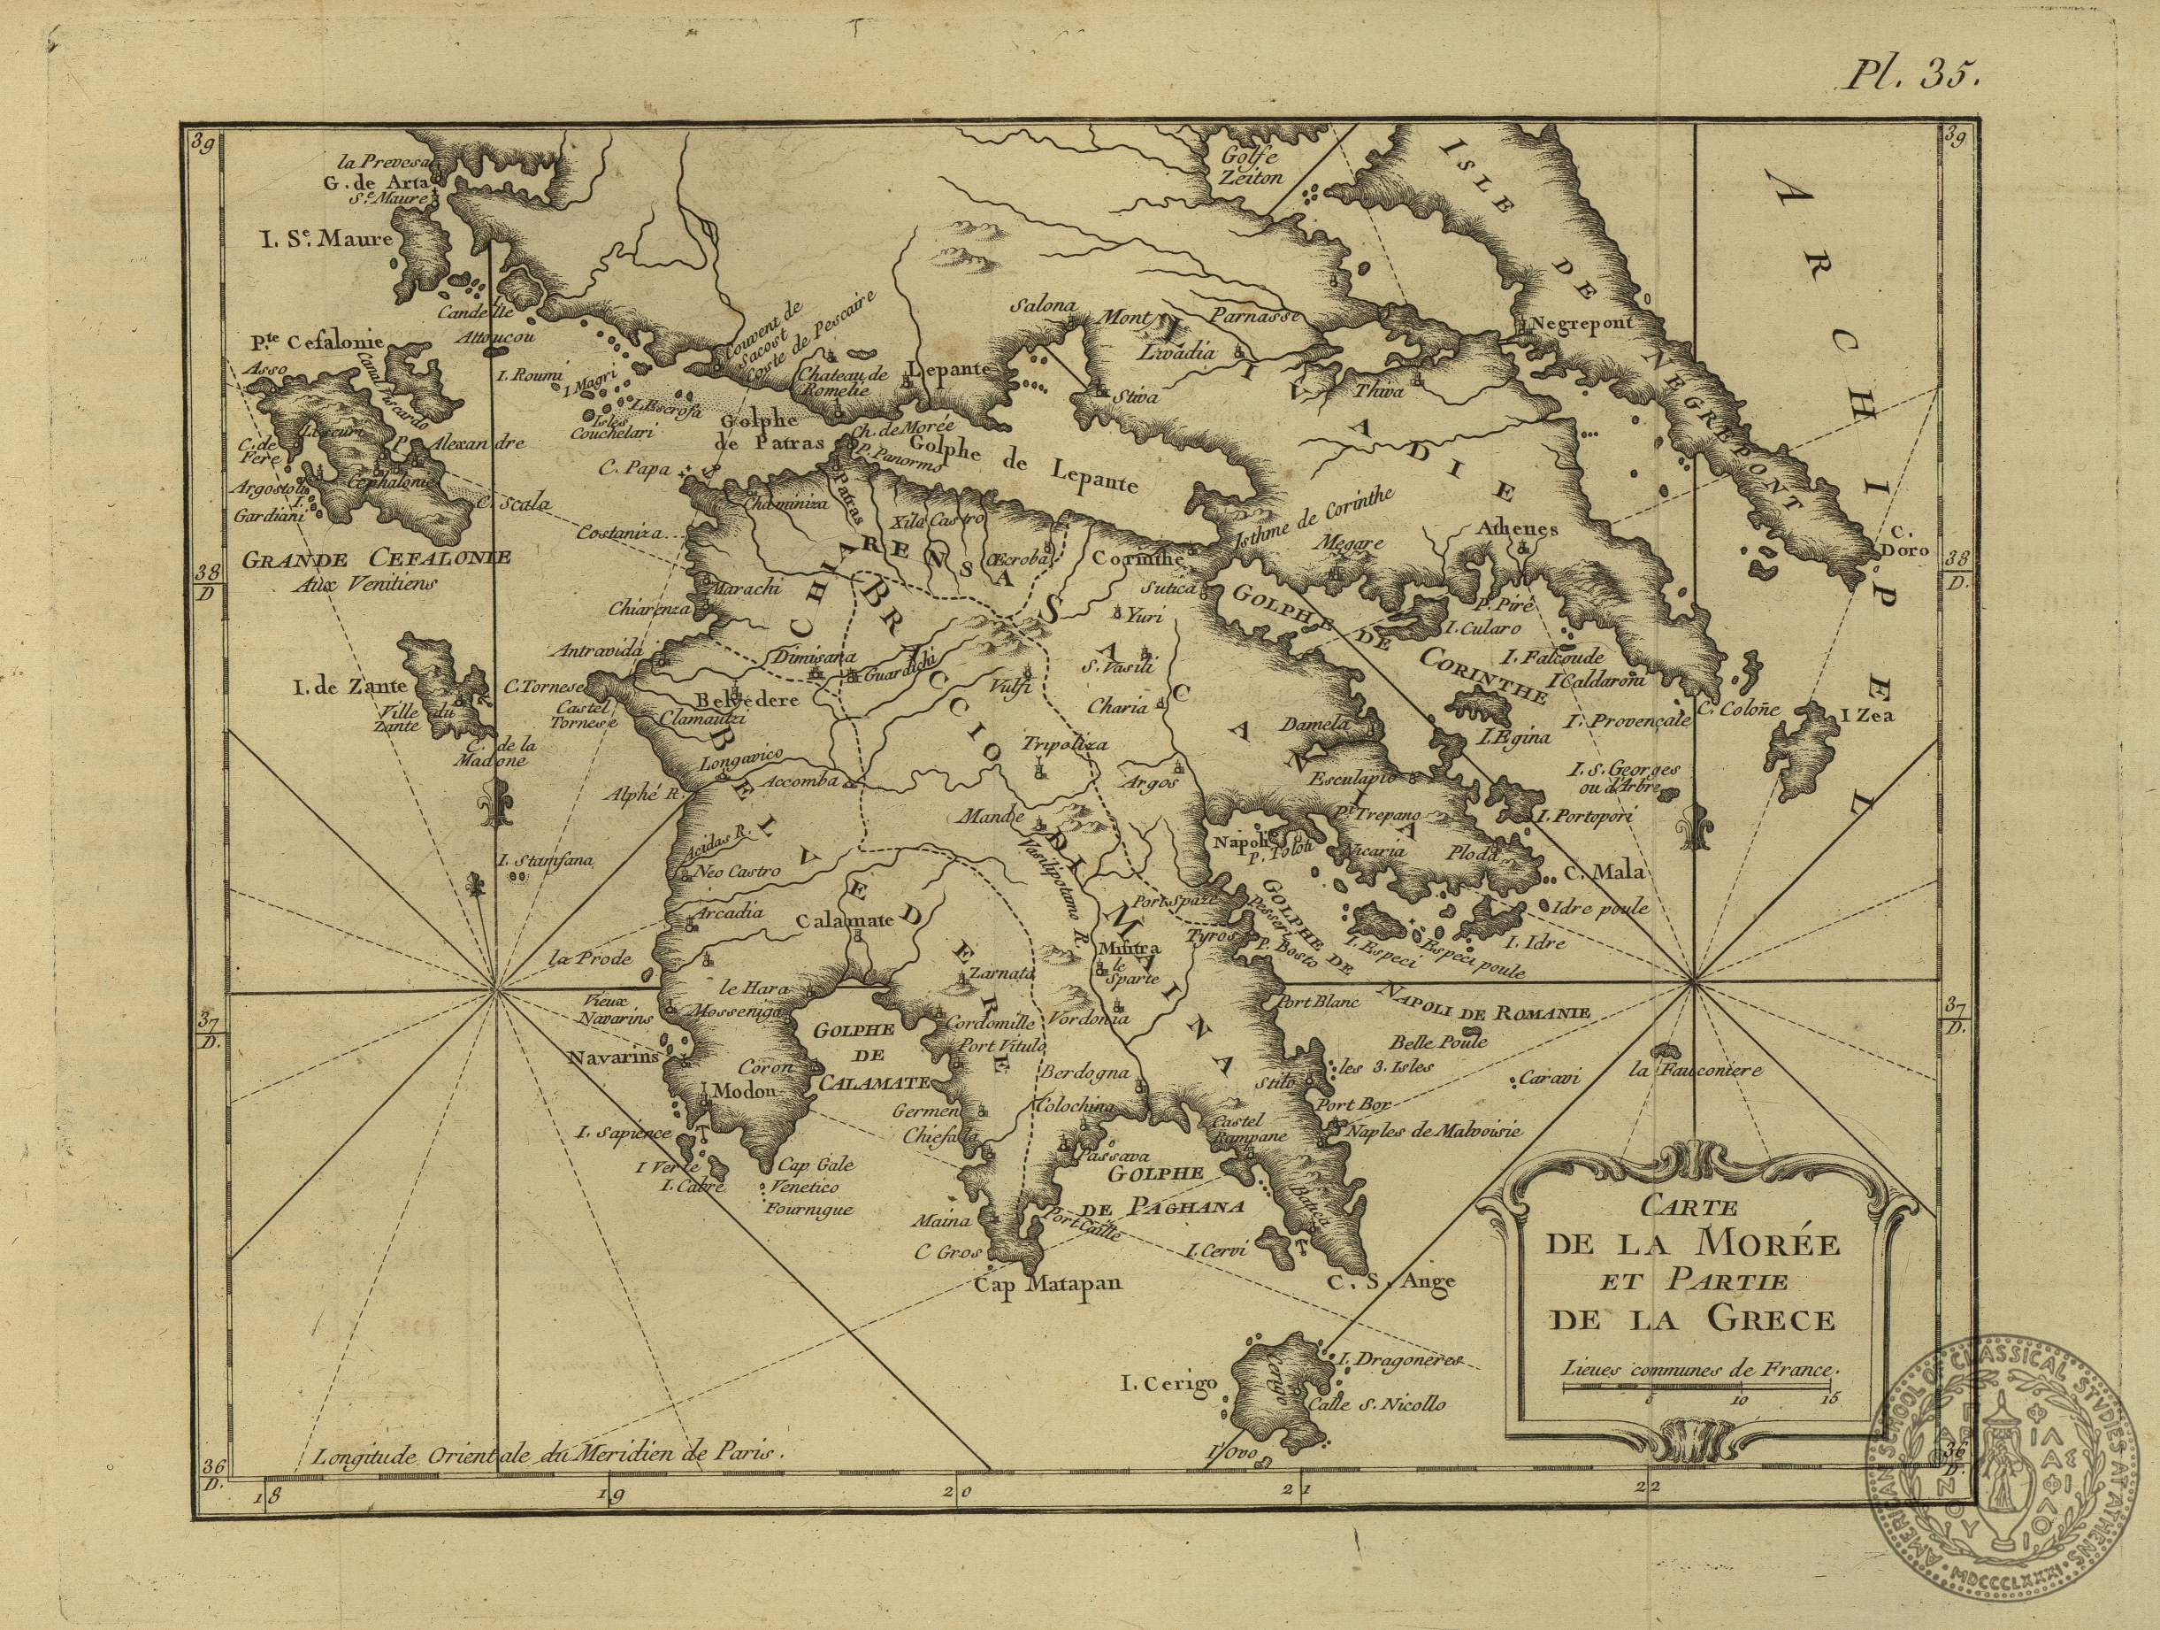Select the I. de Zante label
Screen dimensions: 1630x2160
342,689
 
